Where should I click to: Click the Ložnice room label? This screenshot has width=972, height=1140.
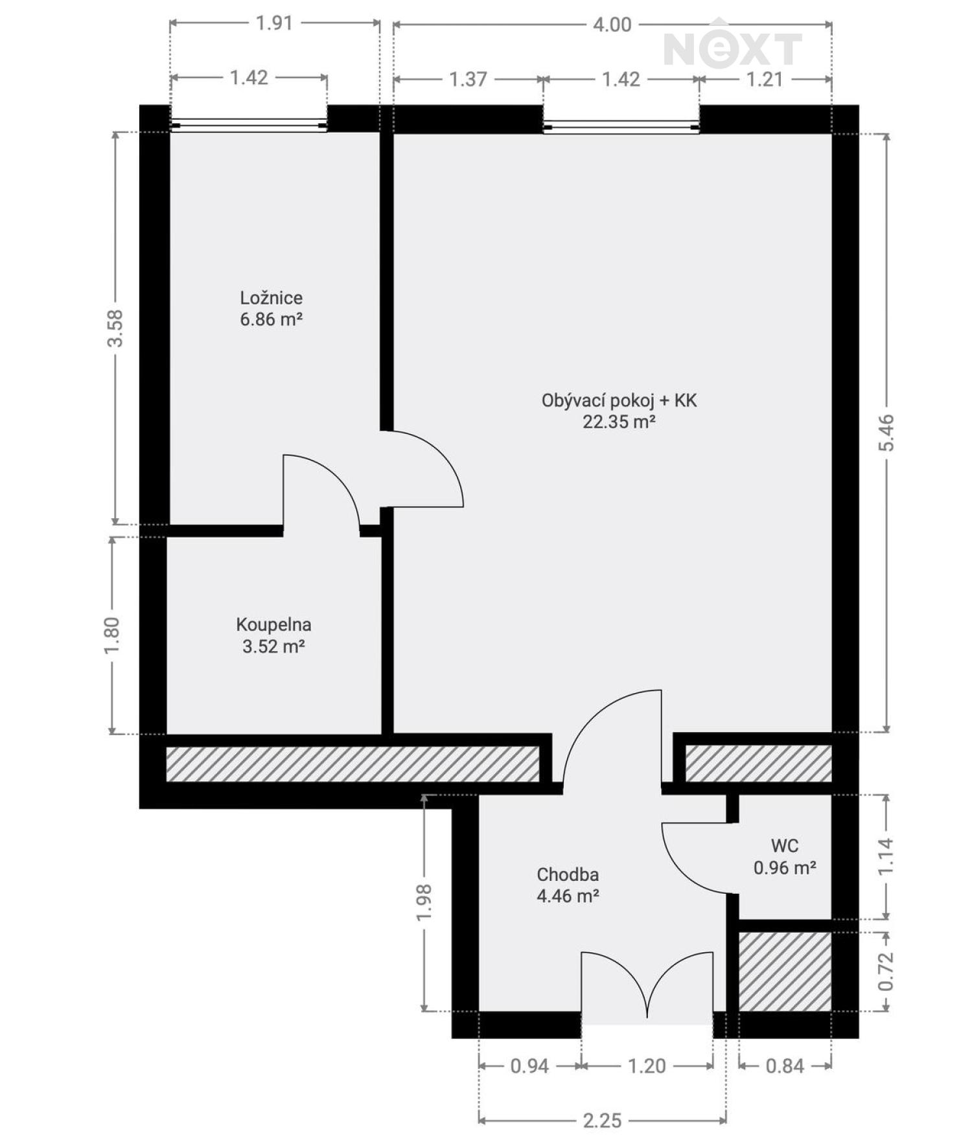click(271, 298)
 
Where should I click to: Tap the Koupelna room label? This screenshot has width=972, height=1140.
click(273, 625)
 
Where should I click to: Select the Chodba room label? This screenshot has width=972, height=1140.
click(568, 875)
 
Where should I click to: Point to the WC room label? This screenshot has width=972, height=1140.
click(784, 846)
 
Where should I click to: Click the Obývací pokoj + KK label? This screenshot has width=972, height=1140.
click(619, 401)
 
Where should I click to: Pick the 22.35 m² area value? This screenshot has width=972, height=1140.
click(619, 422)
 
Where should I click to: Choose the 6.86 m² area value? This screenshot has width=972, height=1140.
click(272, 319)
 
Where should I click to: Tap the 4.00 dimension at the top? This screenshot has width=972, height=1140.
click(612, 25)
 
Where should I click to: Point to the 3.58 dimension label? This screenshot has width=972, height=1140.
click(115, 328)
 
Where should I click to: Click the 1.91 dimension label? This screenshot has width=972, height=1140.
click(275, 23)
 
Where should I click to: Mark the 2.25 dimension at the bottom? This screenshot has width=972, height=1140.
click(602, 1120)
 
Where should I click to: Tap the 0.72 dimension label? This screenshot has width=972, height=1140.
click(886, 971)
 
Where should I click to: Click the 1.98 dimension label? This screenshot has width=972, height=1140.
click(424, 902)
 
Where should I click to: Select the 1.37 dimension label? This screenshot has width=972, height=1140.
click(468, 79)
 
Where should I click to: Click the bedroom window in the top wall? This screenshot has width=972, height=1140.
click(249, 125)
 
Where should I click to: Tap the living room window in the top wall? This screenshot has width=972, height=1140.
click(621, 127)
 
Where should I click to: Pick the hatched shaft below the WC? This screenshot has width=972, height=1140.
click(785, 971)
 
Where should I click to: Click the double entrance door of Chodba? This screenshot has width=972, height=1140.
click(647, 988)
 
